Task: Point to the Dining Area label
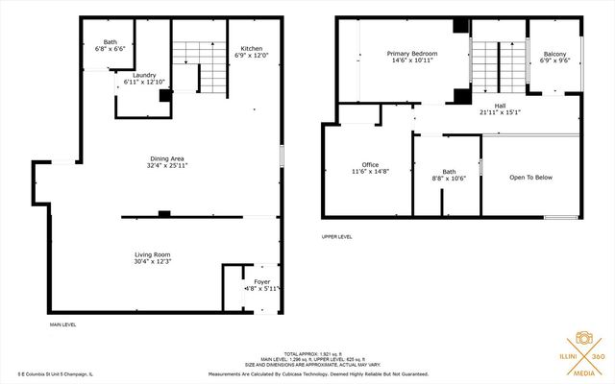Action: tap(167, 158)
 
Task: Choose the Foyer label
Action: tap(261, 281)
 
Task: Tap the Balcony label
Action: tap(554, 54)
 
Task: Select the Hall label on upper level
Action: tap(500, 106)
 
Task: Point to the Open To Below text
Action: tap(530, 178)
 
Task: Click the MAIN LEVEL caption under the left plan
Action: tap(63, 325)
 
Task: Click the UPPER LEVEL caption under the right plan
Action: tap(337, 236)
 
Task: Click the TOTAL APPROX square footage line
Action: tap(307, 354)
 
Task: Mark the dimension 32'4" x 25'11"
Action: tap(167, 165)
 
